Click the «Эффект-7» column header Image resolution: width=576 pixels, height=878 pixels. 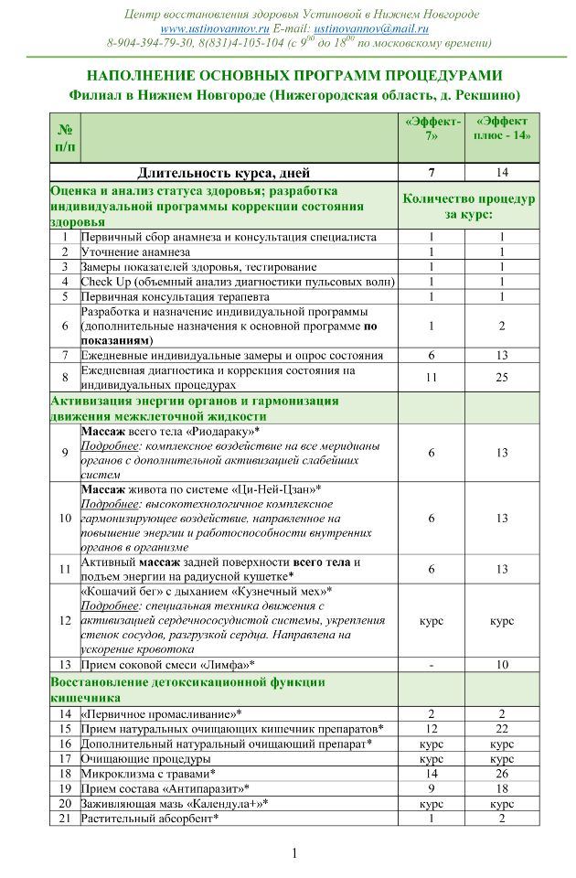point(431,128)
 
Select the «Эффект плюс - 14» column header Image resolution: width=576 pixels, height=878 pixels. point(502,128)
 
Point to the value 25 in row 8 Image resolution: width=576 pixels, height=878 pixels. point(502,377)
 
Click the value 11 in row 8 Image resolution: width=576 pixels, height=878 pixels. point(431,377)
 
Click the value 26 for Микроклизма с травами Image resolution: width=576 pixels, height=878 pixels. point(502,773)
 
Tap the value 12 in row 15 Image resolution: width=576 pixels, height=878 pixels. point(431,728)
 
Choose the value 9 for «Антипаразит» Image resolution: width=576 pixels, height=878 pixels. point(431,787)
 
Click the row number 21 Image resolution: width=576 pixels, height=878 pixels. point(65,818)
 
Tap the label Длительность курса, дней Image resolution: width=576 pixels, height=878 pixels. point(224,172)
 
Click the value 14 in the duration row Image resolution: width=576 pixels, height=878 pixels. point(502,172)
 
